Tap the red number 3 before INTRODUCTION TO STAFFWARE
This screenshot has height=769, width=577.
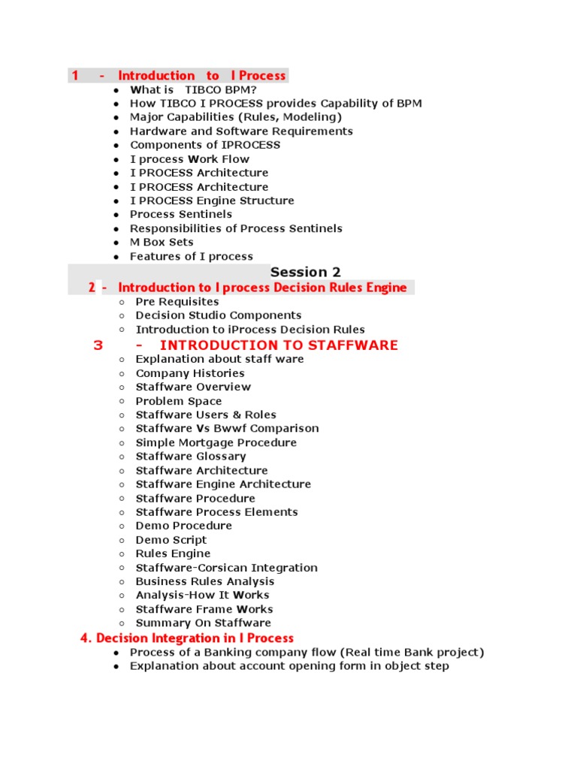pos(98,345)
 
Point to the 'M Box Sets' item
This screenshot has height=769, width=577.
pos(162,243)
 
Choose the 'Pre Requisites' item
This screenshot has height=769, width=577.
pos(177,302)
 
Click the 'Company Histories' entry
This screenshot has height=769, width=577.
pos(190,373)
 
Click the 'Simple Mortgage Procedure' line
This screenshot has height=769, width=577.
pos(216,443)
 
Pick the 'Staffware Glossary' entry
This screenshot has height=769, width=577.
pos(191,457)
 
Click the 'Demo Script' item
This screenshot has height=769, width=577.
pos(171,540)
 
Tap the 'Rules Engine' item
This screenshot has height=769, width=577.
pos(173,554)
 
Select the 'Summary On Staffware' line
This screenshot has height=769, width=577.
pos(203,623)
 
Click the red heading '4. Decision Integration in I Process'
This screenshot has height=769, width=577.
pos(187,638)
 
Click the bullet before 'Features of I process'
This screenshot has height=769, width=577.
pos(116,257)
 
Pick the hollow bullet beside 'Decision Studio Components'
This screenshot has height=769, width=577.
pos(122,316)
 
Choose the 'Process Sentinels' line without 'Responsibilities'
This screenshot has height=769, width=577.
pos(181,215)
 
